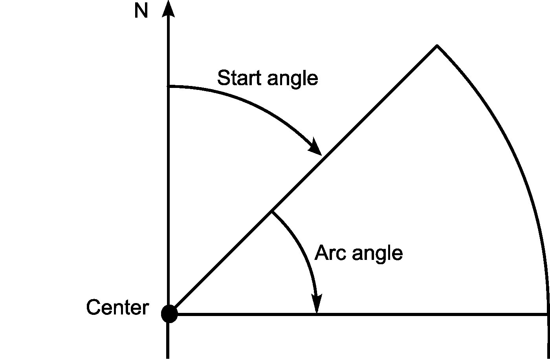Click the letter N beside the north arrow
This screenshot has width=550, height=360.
point(141,11)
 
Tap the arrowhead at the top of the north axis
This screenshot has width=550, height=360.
point(168,9)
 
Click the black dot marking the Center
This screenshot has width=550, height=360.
point(169,314)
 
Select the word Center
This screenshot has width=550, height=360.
point(117,307)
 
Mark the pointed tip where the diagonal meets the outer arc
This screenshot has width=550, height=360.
point(436,46)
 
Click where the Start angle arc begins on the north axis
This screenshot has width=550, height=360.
point(169,86)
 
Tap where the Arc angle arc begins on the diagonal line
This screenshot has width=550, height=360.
point(271,212)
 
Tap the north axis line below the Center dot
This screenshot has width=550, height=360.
point(168,342)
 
